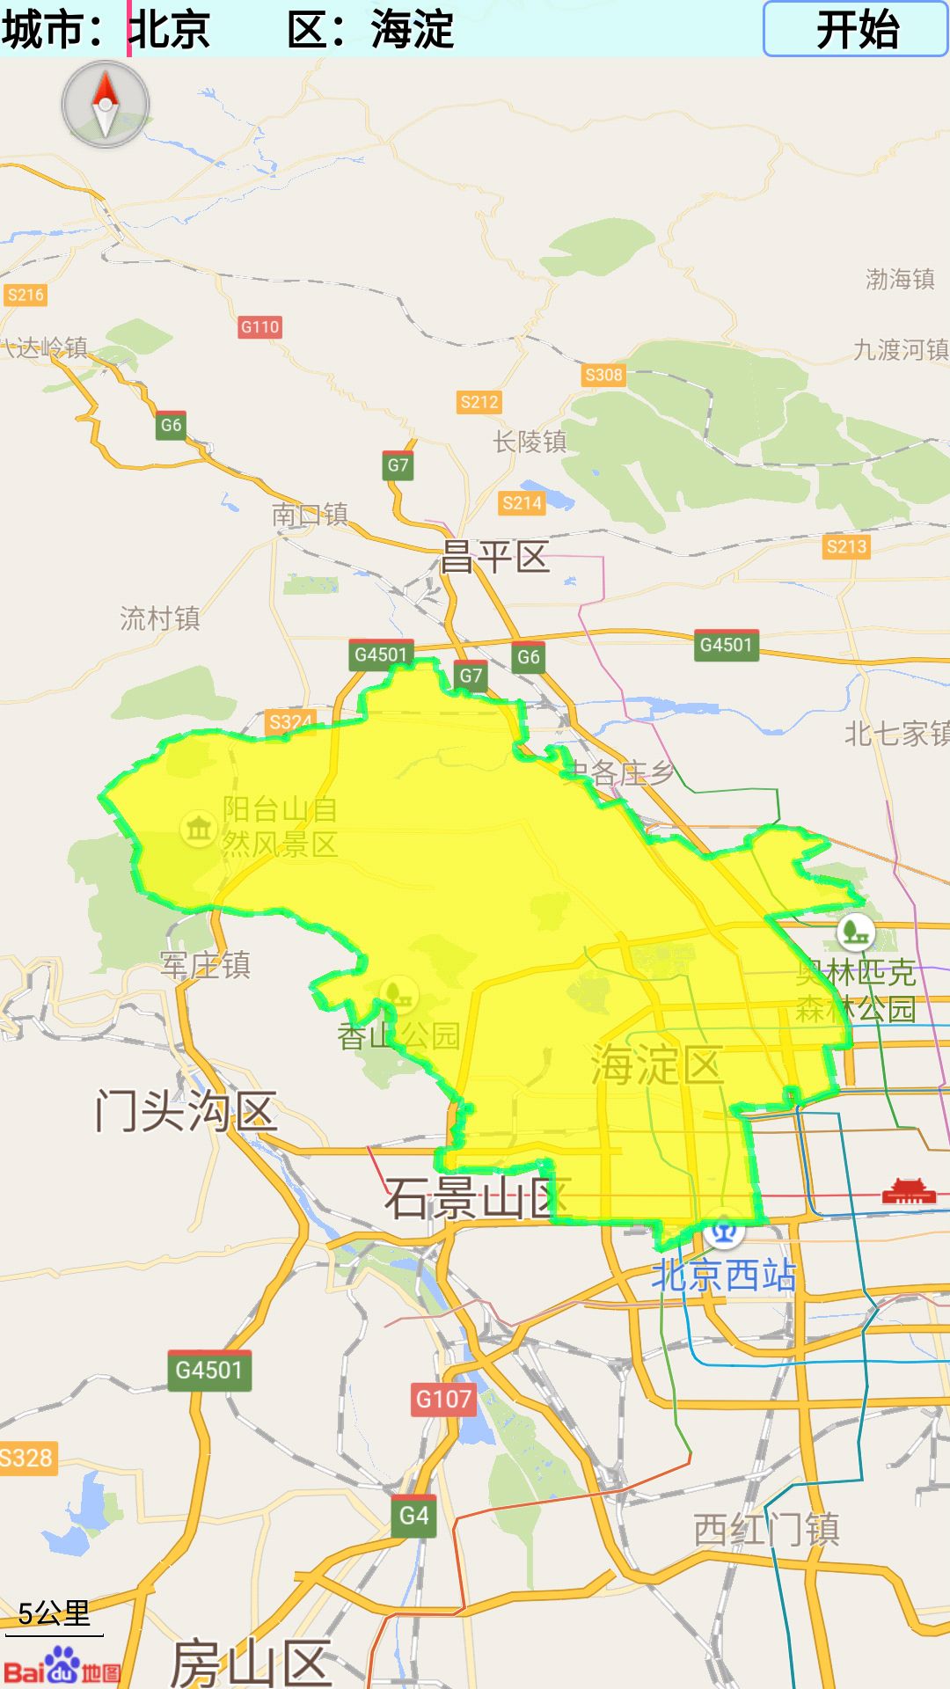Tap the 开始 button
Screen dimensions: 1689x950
[855, 29]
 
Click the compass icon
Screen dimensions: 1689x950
[106, 105]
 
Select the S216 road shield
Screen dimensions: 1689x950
[25, 295]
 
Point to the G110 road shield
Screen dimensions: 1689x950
[259, 327]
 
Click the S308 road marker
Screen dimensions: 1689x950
[603, 375]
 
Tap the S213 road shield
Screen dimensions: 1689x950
[846, 546]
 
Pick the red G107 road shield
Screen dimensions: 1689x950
[443, 1399]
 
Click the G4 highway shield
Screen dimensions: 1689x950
[413, 1516]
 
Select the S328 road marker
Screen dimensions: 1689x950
[26, 1459]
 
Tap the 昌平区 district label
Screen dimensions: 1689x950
[494, 557]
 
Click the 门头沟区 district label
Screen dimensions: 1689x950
[186, 1110]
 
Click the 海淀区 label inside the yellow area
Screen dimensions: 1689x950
[656, 1065]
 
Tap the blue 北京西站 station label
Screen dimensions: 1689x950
[723, 1275]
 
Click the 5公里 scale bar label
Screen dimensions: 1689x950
[55, 1613]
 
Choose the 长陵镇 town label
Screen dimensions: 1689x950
[530, 442]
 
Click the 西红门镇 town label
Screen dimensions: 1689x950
[766, 1530]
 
